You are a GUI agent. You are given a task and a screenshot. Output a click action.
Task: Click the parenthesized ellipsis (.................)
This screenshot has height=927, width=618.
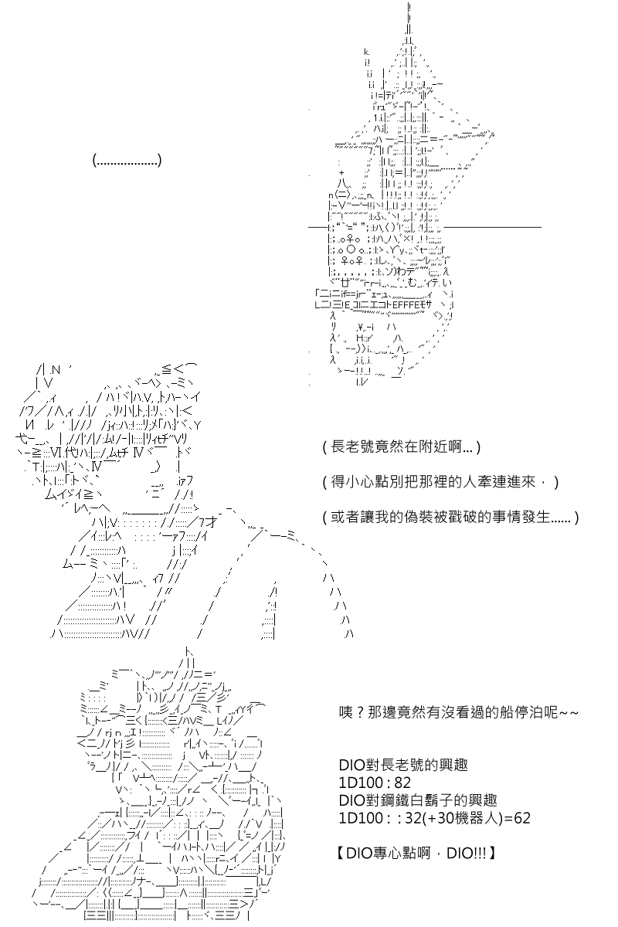(x=127, y=161)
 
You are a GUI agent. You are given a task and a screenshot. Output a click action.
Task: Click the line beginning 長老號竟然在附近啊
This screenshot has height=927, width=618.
(x=402, y=447)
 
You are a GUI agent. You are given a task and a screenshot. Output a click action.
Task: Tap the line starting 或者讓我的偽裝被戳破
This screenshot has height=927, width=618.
(x=450, y=515)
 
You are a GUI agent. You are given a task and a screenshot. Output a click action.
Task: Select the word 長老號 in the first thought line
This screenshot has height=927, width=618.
(x=350, y=447)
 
